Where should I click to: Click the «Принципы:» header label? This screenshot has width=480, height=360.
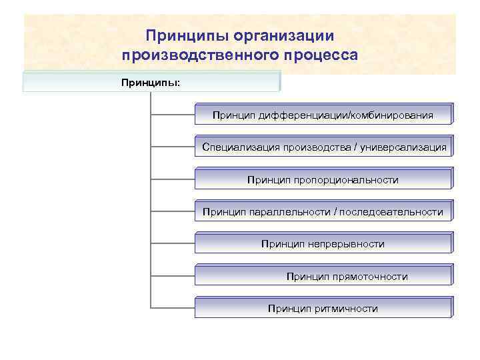151,83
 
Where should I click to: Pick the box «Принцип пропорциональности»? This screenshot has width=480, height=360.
323,179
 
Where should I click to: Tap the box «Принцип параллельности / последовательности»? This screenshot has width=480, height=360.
323,212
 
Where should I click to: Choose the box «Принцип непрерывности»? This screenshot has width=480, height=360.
323,244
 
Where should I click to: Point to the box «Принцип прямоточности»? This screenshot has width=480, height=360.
323,276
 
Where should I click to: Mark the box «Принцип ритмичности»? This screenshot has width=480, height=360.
323,309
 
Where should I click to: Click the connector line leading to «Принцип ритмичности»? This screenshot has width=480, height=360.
173,309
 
